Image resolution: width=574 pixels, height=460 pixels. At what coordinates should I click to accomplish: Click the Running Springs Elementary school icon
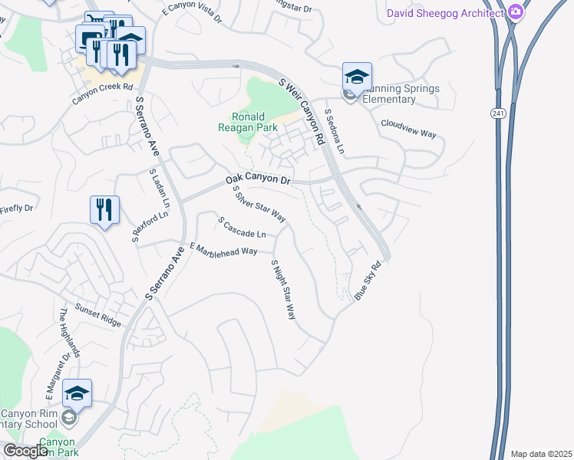tap(357, 77)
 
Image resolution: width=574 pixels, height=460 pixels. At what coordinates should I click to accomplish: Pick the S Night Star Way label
tap(283, 289)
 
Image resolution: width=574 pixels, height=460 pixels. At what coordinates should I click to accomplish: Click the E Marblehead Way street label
tap(223, 250)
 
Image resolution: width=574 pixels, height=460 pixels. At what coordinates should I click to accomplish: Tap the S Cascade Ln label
tap(242, 227)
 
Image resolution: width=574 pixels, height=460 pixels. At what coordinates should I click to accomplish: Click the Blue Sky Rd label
tap(368, 281)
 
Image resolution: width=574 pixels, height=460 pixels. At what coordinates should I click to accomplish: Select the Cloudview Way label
tap(408, 128)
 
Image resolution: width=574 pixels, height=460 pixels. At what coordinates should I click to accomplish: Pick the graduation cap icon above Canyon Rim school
tap(77, 393)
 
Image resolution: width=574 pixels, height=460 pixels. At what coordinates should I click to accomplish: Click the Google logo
tap(25, 452)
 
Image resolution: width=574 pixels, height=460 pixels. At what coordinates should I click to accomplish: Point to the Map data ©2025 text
tap(540, 454)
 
